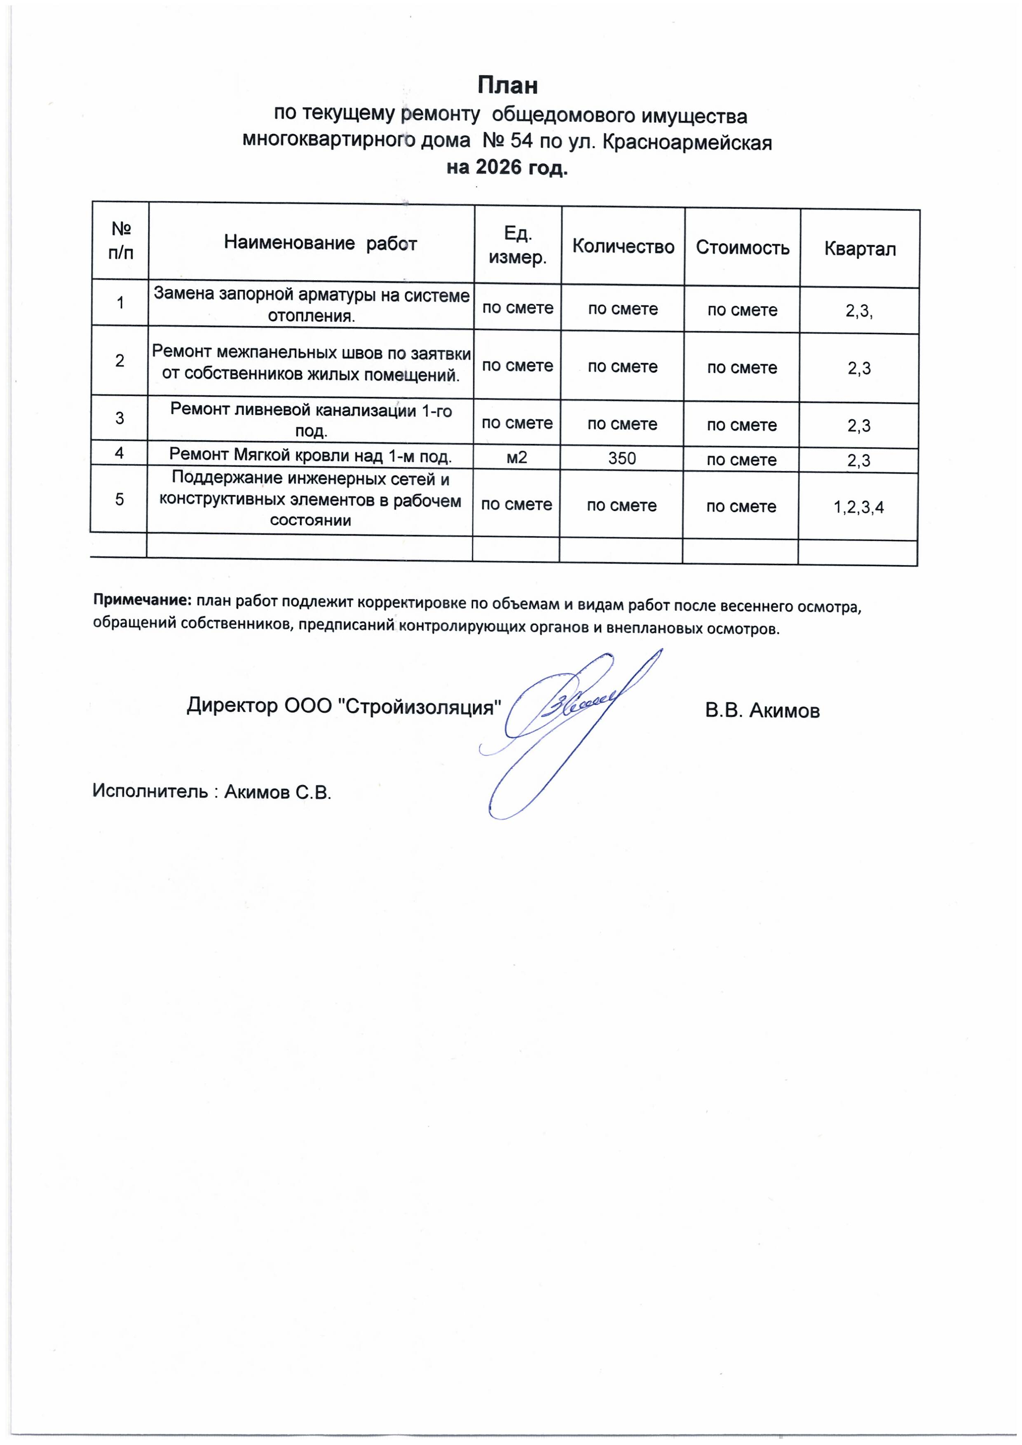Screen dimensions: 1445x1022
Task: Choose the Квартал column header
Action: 860,249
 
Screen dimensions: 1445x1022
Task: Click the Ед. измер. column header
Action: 517,245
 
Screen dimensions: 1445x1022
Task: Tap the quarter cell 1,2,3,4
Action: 858,507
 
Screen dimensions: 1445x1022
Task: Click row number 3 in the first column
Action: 120,418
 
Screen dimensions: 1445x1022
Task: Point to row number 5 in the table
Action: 119,499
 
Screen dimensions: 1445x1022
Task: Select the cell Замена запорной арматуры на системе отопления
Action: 312,304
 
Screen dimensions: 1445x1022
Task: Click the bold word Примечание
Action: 142,599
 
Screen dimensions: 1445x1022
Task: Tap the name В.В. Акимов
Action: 762,711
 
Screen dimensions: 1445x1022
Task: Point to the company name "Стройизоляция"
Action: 420,707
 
